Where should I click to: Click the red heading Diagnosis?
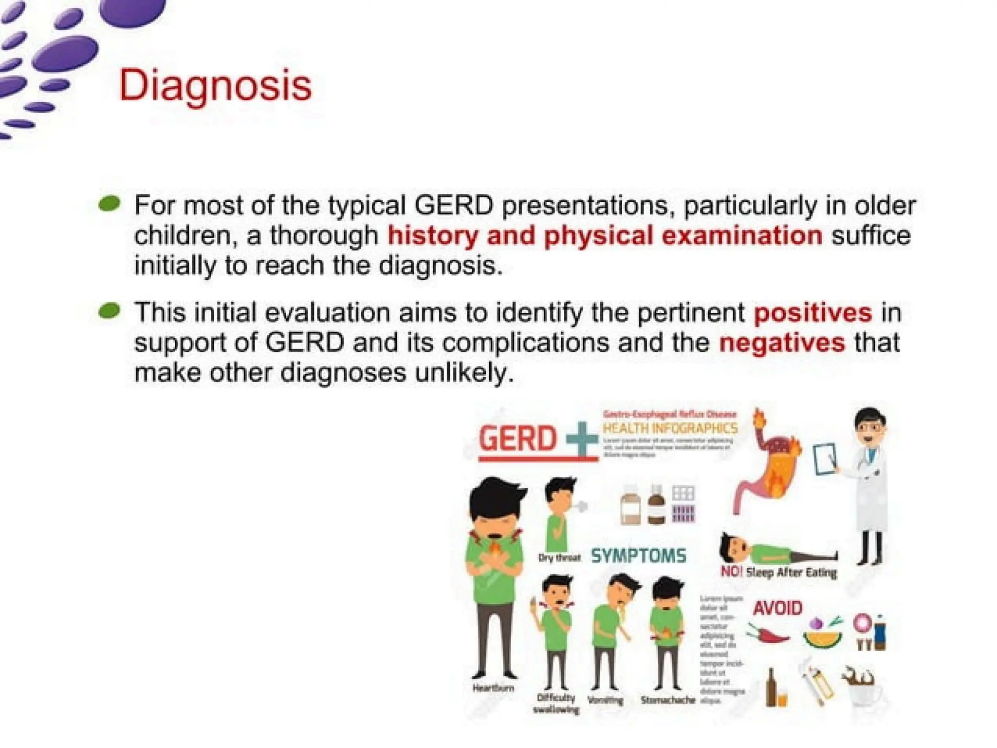(215, 86)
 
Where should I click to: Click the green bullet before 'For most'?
(109, 204)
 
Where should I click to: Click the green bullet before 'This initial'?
(109, 311)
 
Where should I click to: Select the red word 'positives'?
(812, 312)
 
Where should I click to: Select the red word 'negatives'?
(782, 343)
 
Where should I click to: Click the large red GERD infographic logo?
(517, 438)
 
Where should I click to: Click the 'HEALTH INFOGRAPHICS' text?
(670, 428)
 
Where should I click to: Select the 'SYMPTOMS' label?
(638, 556)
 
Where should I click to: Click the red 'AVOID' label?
(777, 608)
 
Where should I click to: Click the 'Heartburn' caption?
(493, 688)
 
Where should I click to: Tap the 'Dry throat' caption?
(559, 557)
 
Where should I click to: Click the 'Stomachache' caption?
(668, 700)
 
